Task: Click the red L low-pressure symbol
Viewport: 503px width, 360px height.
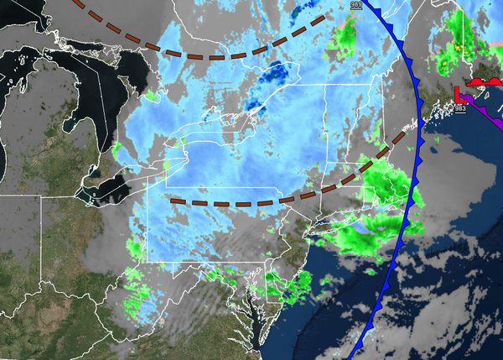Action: point(459,92)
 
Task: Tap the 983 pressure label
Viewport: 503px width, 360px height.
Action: point(460,107)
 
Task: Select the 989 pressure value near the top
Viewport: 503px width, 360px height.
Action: point(355,4)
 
